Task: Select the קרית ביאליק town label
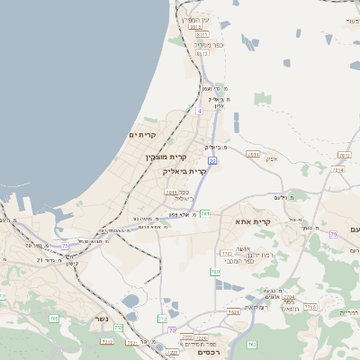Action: pos(184,170)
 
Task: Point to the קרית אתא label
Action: pos(253,221)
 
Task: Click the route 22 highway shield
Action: pos(212,160)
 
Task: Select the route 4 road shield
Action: pos(199,111)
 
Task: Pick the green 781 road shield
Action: pos(206,213)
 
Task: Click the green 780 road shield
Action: pos(215,272)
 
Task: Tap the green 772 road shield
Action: pos(162,319)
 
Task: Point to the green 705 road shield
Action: pos(119,328)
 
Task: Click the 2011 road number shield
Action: pos(171,192)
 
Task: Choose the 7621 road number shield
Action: pos(234,311)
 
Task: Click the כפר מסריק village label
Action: pos(208,44)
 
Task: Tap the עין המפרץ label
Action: pos(193,19)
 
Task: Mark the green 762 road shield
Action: pos(252,344)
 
